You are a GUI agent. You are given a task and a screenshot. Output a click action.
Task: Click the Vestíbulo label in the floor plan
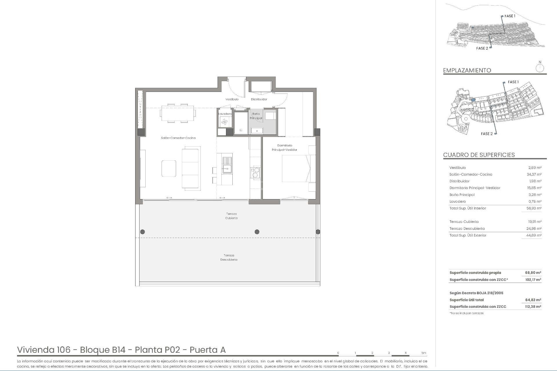coord(232,99)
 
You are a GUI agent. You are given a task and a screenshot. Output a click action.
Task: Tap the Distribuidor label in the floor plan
coord(259,99)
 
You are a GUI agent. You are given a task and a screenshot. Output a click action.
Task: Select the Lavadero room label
coord(225,114)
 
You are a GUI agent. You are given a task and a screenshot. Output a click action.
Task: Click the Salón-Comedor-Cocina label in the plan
coord(178,138)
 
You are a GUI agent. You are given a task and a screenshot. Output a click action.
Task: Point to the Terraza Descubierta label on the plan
coord(229,257)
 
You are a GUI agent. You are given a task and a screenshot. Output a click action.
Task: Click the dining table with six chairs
coord(178,113)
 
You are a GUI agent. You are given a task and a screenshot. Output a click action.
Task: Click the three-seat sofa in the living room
coord(191,168)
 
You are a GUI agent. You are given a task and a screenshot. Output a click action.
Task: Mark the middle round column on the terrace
coord(257,232)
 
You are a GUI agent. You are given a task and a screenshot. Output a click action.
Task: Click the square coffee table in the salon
coord(169,168)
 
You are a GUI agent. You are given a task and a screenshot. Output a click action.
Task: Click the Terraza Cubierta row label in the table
coord(464,222)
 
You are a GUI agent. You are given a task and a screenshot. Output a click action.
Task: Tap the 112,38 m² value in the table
coord(533,307)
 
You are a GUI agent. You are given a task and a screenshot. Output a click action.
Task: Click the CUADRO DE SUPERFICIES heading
coord(479,155)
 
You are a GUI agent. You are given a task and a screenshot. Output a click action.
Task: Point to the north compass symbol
coord(540,68)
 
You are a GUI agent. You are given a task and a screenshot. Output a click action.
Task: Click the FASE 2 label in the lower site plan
coord(487,134)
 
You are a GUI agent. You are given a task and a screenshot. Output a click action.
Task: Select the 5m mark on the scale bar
coord(424,353)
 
